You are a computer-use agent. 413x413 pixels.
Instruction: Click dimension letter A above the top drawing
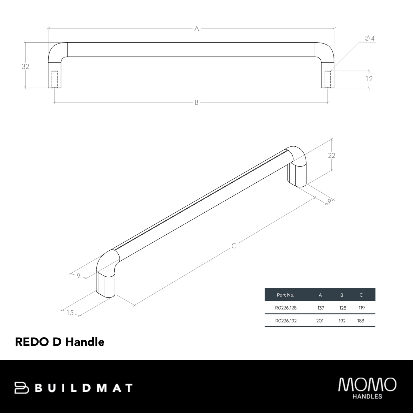(x=196, y=28)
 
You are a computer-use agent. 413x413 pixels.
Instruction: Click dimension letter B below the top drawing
(x=196, y=102)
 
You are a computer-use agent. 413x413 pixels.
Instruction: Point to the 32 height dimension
(x=25, y=66)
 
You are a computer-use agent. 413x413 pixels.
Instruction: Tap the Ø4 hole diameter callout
(x=370, y=38)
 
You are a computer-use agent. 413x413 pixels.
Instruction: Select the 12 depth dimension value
(x=369, y=79)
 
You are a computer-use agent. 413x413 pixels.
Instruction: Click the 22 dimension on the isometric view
(x=332, y=155)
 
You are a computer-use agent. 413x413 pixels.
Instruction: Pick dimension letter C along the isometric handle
(x=234, y=246)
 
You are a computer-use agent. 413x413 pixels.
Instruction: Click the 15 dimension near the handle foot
(x=70, y=313)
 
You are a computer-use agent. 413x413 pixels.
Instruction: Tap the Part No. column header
(x=285, y=295)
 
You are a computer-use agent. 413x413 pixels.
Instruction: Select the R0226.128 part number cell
(x=286, y=308)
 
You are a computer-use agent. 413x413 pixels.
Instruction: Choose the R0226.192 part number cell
(x=286, y=321)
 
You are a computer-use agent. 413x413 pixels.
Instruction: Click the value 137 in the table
(x=320, y=308)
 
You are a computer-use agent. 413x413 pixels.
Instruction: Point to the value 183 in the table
(x=361, y=321)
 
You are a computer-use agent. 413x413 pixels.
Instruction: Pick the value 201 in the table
(x=320, y=321)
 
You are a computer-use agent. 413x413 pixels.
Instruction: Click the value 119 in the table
(x=361, y=308)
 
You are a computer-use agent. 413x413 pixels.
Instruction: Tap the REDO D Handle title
(x=59, y=342)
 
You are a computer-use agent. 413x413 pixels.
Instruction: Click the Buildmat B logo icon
(x=22, y=388)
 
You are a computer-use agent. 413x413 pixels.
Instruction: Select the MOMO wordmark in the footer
(x=367, y=384)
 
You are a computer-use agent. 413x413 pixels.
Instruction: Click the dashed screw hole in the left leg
(x=54, y=79)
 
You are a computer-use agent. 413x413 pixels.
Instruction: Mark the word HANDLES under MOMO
(x=367, y=396)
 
